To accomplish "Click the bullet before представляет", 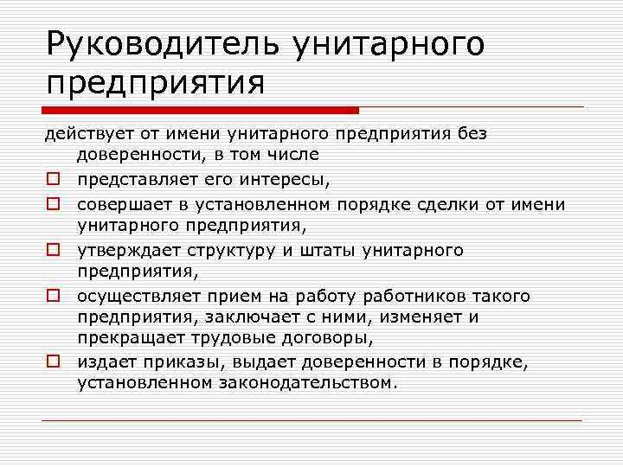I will (x=53, y=181).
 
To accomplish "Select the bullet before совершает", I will (x=53, y=205).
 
